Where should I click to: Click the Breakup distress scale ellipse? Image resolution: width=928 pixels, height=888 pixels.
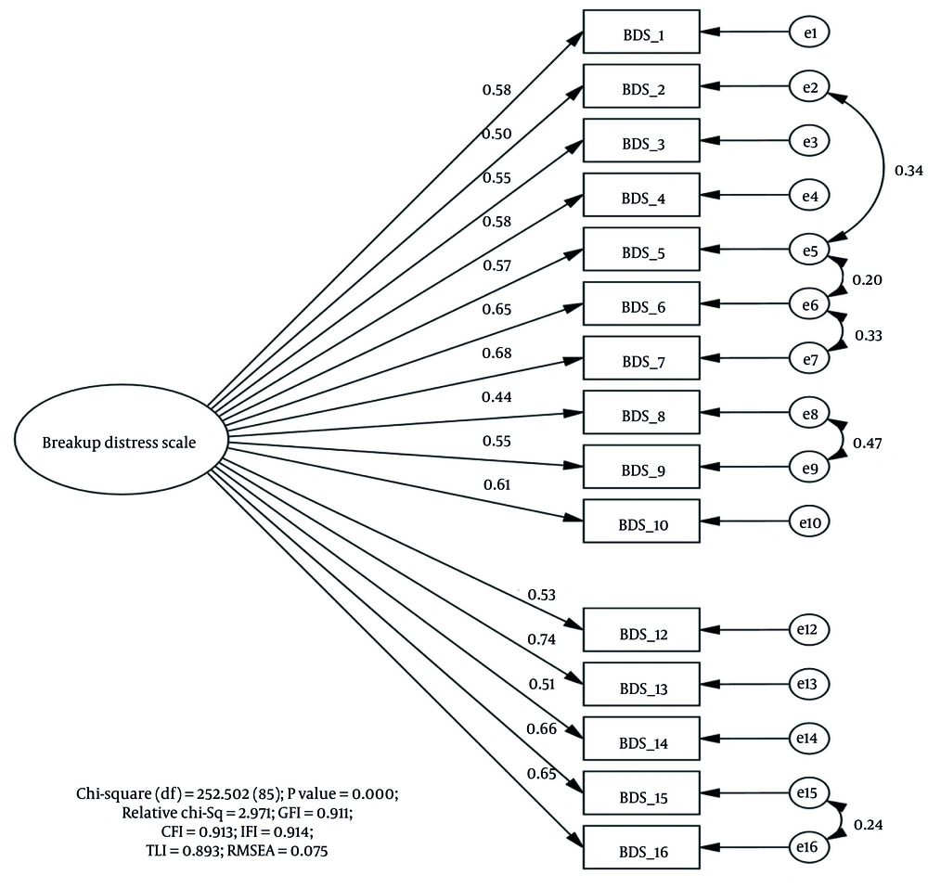point(121,440)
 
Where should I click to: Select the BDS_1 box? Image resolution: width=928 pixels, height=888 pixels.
point(641,32)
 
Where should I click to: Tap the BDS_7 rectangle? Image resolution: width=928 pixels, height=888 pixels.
point(641,358)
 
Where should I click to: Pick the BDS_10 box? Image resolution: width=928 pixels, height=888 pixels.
point(641,521)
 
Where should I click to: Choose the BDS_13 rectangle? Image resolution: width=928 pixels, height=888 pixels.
point(641,684)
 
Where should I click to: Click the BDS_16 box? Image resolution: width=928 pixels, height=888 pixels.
point(641,847)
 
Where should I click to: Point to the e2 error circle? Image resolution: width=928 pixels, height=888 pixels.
point(809,87)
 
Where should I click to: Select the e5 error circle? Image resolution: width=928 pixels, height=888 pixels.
point(809,251)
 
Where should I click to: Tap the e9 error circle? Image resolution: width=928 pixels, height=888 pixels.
point(809,468)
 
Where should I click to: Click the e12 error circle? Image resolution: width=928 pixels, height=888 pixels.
point(809,629)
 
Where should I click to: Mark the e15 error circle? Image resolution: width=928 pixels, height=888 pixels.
point(809,792)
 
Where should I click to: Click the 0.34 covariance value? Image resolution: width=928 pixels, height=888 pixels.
point(909,171)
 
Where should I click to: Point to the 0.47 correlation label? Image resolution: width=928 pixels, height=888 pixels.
point(867,444)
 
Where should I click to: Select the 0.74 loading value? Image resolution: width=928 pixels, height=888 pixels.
point(542,639)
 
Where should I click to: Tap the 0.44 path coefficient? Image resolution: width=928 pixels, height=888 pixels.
point(496,397)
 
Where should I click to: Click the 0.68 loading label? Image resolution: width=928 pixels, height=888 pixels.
point(496,354)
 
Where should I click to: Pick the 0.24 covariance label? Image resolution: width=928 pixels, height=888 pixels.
point(869,825)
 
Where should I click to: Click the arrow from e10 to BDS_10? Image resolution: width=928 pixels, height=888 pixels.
point(745,521)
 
